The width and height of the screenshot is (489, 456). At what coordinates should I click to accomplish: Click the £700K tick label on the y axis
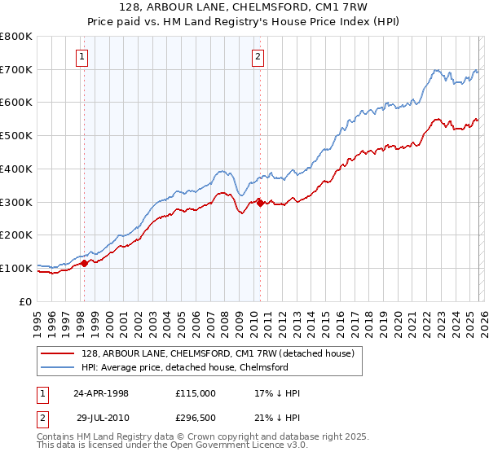(x=16, y=69)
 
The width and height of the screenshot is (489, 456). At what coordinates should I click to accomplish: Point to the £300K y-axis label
(x=16, y=202)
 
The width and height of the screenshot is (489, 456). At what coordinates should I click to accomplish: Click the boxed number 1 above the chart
(x=83, y=56)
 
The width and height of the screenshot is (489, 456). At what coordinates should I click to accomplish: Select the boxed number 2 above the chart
(x=258, y=56)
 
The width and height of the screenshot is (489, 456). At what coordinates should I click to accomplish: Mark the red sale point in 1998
(x=84, y=263)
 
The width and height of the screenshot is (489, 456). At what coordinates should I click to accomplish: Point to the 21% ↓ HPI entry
(x=277, y=416)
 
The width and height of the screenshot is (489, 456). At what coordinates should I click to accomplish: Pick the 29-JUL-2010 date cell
(x=106, y=416)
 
